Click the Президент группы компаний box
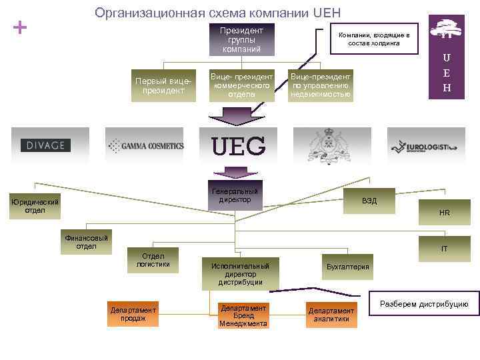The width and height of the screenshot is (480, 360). pyautogui.click(x=241, y=40)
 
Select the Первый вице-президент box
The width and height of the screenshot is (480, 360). pyautogui.click(x=163, y=85)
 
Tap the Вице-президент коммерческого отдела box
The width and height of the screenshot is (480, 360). pyautogui.click(x=241, y=85)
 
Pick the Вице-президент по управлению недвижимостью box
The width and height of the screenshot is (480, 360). pyautogui.click(x=321, y=85)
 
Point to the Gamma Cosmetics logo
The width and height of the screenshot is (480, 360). pyautogui.click(x=145, y=145)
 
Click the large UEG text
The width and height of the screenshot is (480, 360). pyautogui.click(x=239, y=145)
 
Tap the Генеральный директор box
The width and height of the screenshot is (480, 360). pyautogui.click(x=235, y=195)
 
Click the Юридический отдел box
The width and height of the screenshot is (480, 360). pyautogui.click(x=35, y=207)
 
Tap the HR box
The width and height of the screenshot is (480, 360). pyautogui.click(x=444, y=213)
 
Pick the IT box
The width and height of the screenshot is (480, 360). pyautogui.click(x=444, y=249)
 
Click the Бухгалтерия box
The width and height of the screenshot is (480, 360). pyautogui.click(x=347, y=267)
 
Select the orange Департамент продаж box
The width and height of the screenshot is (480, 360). pyautogui.click(x=133, y=314)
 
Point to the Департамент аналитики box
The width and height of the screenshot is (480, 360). pyautogui.click(x=331, y=315)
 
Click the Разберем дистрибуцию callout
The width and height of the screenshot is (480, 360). pyautogui.click(x=424, y=304)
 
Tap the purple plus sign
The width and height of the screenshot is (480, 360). pyautogui.click(x=21, y=28)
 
